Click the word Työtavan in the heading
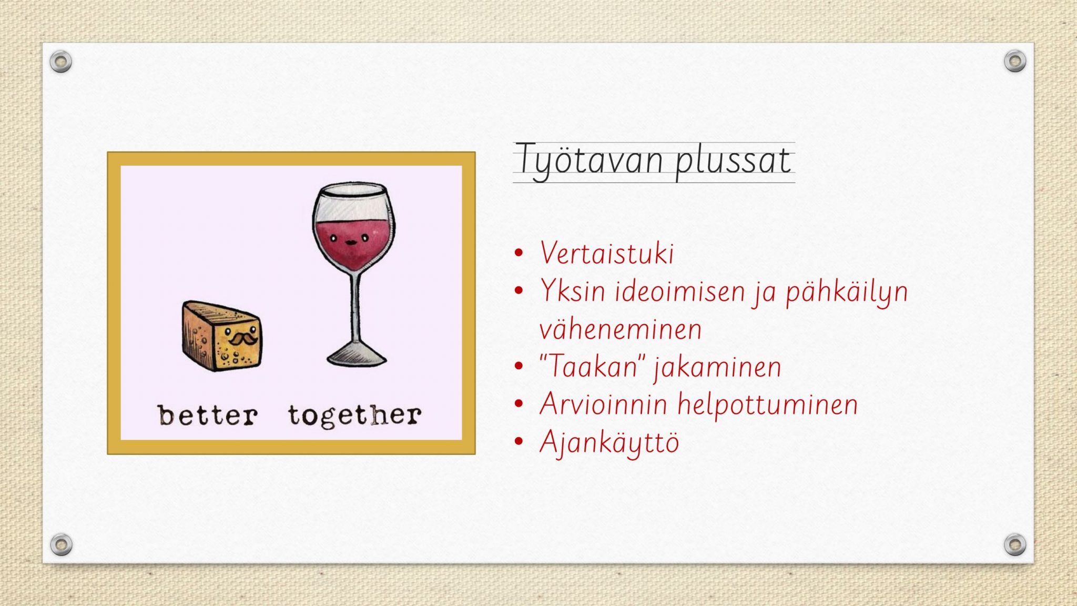pyautogui.click(x=589, y=160)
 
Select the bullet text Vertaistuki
pyautogui.click(x=607, y=253)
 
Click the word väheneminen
pyautogui.click(x=621, y=329)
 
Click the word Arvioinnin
pyautogui.click(x=604, y=404)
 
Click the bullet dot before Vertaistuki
pyautogui.click(x=520, y=253)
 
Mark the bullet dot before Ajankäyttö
pyautogui.click(x=520, y=441)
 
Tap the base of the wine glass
pyautogui.click(x=357, y=355)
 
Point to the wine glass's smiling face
pyautogui.click(x=349, y=240)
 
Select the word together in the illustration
pyautogui.click(x=354, y=416)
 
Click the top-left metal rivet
pyautogui.click(x=61, y=62)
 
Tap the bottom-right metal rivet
pyautogui.click(x=1015, y=544)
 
